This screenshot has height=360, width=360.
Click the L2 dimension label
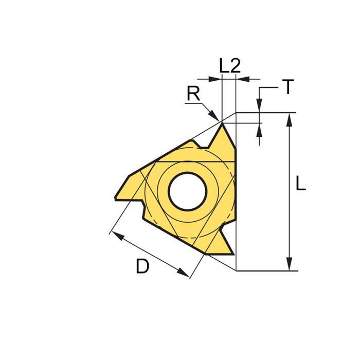pos(229,65)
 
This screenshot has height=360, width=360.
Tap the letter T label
pos(288,88)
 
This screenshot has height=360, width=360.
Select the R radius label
pos(193,94)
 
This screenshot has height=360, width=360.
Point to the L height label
pos(301,184)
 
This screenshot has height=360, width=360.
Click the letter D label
pos(142,266)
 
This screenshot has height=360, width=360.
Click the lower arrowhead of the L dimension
pos(290,264)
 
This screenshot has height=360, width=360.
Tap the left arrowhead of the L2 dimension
pos(216,79)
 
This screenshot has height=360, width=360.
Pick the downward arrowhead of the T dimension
pos(260,107)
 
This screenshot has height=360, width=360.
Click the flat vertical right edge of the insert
pos(236,190)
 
